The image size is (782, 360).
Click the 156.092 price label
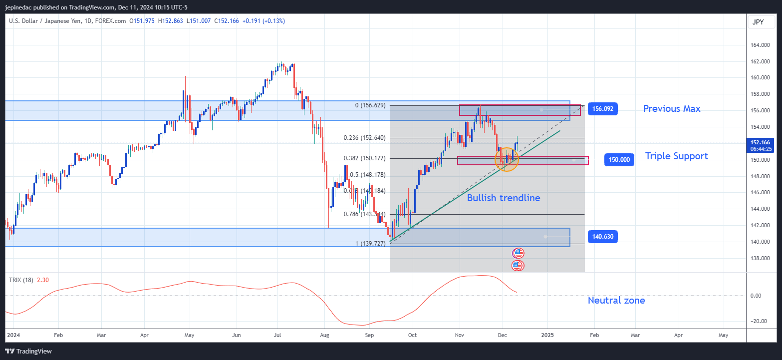click(602, 109)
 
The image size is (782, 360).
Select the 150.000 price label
click(619, 160)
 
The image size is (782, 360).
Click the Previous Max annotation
click(671, 108)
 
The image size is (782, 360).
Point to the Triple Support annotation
click(676, 156)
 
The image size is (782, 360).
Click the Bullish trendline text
click(504, 198)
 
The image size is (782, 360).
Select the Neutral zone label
click(616, 300)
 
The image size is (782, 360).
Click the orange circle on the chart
click(507, 159)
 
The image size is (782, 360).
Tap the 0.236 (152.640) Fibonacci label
click(365, 138)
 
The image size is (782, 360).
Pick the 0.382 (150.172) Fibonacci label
click(365, 158)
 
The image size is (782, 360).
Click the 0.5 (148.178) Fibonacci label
click(368, 175)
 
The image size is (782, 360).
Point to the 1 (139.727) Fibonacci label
click(365, 243)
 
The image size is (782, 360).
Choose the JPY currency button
click(758, 22)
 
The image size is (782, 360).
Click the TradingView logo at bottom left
click(28, 351)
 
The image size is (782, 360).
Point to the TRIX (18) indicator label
click(21, 280)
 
